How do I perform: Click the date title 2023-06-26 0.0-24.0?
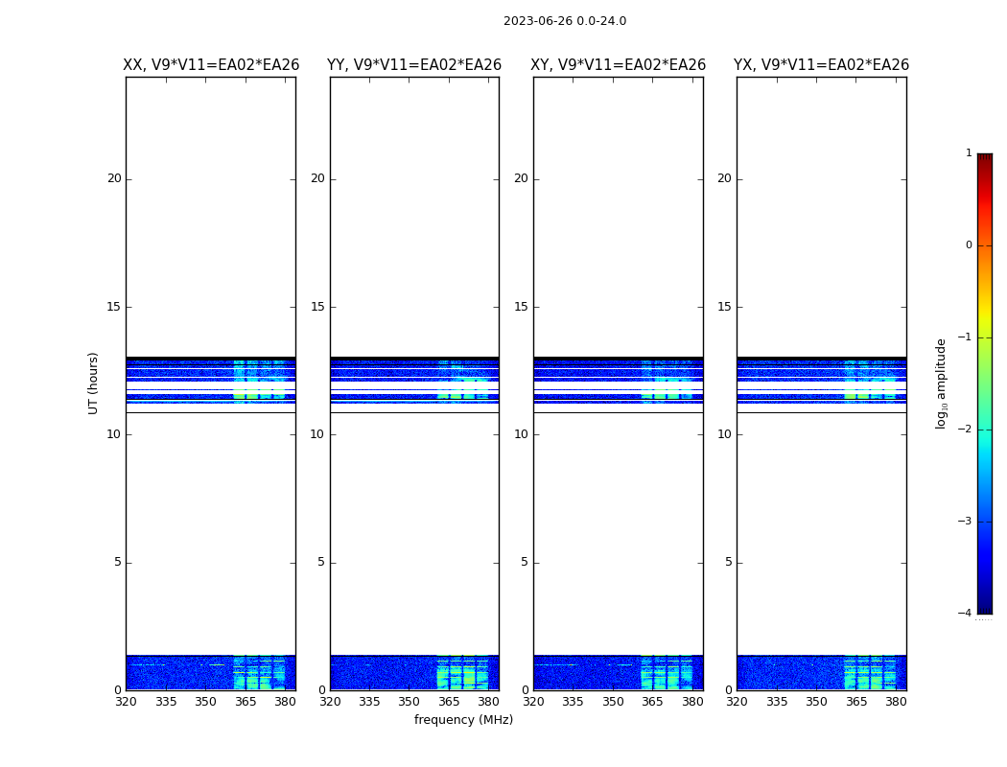click(x=565, y=21)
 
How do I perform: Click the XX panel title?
click(x=211, y=65)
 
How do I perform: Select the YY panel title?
click(x=414, y=65)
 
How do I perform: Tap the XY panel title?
click(x=619, y=65)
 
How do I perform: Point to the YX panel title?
click(x=822, y=65)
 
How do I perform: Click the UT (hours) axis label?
click(x=94, y=383)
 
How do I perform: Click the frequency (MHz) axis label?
click(x=463, y=720)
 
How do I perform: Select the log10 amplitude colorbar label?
click(x=942, y=383)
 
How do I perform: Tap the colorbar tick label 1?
click(x=969, y=153)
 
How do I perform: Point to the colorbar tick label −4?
click(x=966, y=614)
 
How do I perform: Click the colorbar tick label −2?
click(x=966, y=430)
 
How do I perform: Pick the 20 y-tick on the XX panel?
click(x=114, y=178)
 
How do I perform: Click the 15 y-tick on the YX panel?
click(x=724, y=307)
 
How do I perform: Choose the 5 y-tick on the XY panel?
click(x=525, y=563)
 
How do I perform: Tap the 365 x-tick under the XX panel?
click(x=246, y=702)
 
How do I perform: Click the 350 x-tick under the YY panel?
click(x=410, y=702)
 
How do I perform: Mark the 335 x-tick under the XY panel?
click(x=573, y=702)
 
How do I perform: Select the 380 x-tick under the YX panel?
click(x=896, y=702)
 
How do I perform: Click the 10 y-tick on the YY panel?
click(x=317, y=434)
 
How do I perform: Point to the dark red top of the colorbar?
click(x=984, y=158)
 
